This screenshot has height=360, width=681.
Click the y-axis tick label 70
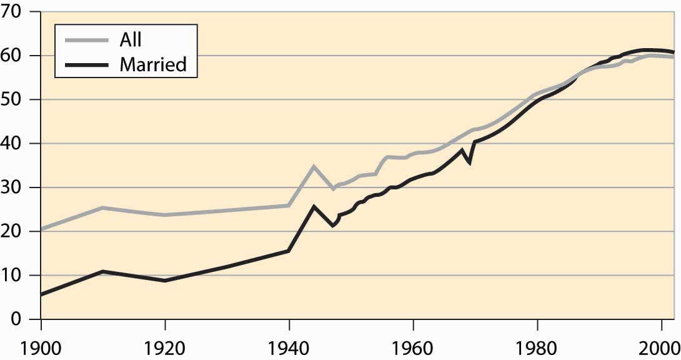[11, 12]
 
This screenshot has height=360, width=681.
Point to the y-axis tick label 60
[11, 56]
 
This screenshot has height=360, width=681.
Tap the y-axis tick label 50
[11, 99]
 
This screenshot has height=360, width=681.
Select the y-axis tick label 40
[11, 143]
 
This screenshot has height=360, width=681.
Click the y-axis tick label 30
[11, 187]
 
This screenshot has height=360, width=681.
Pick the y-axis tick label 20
[11, 231]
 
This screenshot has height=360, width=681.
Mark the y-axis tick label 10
[11, 276]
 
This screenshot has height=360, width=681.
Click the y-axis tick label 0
[16, 319]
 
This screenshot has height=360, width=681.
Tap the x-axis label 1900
[41, 348]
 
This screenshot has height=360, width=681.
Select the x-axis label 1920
[165, 348]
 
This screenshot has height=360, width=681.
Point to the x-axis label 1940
[289, 348]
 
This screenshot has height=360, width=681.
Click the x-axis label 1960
[413, 348]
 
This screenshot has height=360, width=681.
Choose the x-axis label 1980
[537, 348]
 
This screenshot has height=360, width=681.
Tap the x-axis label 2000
[660, 348]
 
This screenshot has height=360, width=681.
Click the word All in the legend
[131, 39]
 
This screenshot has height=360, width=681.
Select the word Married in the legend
[153, 64]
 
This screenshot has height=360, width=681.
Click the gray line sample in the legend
[86, 41]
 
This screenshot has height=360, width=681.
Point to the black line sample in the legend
[86, 65]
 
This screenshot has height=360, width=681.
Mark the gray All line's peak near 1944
[314, 166]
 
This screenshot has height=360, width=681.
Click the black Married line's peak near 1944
[314, 206]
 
